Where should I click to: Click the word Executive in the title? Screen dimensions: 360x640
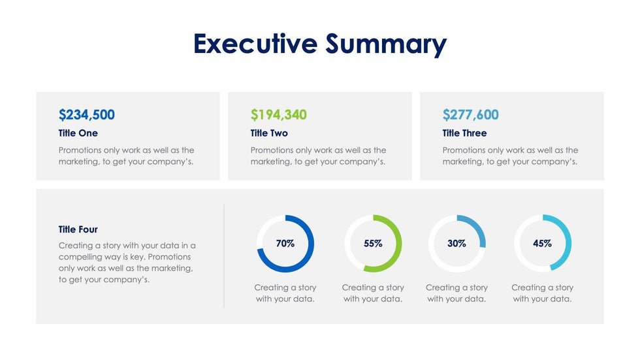[255, 44]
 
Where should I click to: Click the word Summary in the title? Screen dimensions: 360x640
[386, 44]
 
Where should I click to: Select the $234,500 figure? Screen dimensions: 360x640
[86, 115]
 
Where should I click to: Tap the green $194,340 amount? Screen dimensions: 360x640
[278, 115]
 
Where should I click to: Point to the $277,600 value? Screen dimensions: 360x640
[470, 115]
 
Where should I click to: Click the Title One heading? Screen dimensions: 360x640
[78, 133]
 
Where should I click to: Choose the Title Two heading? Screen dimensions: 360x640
[269, 133]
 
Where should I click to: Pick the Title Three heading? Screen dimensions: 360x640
[464, 133]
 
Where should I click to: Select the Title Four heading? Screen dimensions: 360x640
[78, 229]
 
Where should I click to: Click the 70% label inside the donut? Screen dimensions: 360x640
[285, 244]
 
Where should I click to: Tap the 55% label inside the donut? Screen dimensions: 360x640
[373, 244]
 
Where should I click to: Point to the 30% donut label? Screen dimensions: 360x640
[456, 244]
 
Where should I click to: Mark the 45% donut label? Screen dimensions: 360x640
[542, 244]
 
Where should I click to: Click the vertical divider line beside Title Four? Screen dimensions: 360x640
[224, 255]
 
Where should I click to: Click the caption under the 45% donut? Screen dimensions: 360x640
[542, 293]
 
